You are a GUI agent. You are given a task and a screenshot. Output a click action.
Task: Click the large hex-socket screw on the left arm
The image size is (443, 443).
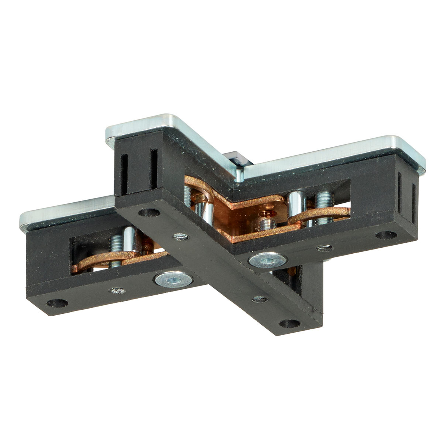pos(174,280)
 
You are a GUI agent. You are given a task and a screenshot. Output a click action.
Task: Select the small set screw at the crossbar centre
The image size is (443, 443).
pos(181,237)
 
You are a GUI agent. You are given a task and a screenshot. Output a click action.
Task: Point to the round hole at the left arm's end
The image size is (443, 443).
pos(57,303)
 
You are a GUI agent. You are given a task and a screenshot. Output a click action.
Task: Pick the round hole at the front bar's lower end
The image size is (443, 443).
pos(290,323)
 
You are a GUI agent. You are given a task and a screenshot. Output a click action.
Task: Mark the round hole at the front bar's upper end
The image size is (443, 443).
pos(149,213)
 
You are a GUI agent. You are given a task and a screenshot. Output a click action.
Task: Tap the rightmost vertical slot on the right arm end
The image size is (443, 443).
pos(414,204)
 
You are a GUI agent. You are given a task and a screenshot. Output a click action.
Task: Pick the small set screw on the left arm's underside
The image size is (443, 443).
pos(118,290)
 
